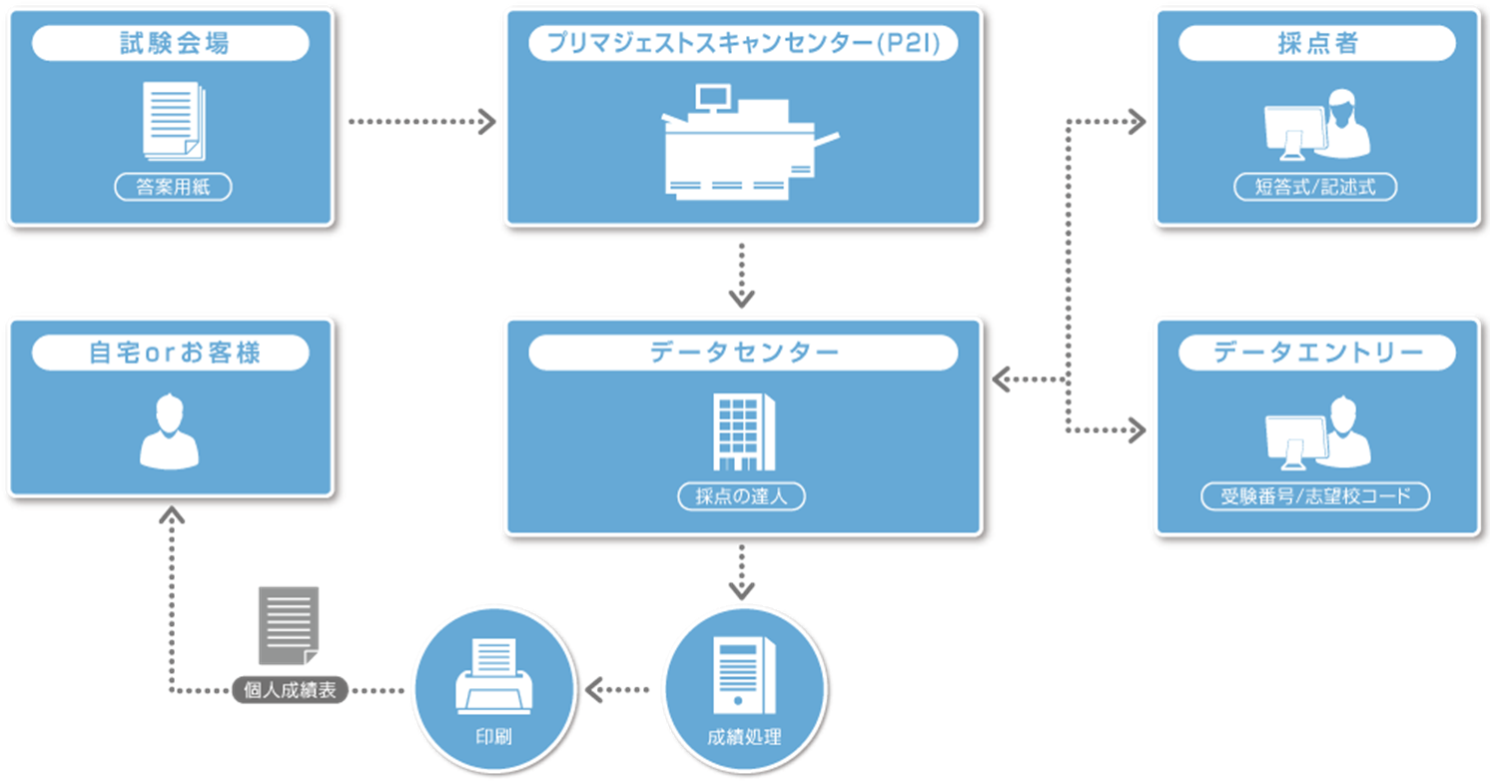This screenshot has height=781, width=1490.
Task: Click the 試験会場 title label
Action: point(171,44)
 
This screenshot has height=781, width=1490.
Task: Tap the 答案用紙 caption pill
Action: point(173,187)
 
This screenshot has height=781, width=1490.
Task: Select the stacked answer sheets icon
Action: point(174,120)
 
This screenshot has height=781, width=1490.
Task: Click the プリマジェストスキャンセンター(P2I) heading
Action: point(742,44)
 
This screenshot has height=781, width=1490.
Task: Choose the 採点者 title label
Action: point(1316,44)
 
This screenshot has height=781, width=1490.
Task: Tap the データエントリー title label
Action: point(1316,353)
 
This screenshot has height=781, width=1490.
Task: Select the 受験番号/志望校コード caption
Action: point(1315,496)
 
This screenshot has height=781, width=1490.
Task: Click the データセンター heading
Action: point(742,353)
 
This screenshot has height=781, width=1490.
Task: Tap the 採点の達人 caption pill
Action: point(742,497)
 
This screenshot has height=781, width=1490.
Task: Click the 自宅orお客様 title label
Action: point(171,353)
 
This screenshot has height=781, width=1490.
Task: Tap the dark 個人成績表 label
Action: point(290,690)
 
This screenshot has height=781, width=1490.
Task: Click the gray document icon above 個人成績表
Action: point(289,625)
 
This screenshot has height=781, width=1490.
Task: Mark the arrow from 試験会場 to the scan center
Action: point(421,123)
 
